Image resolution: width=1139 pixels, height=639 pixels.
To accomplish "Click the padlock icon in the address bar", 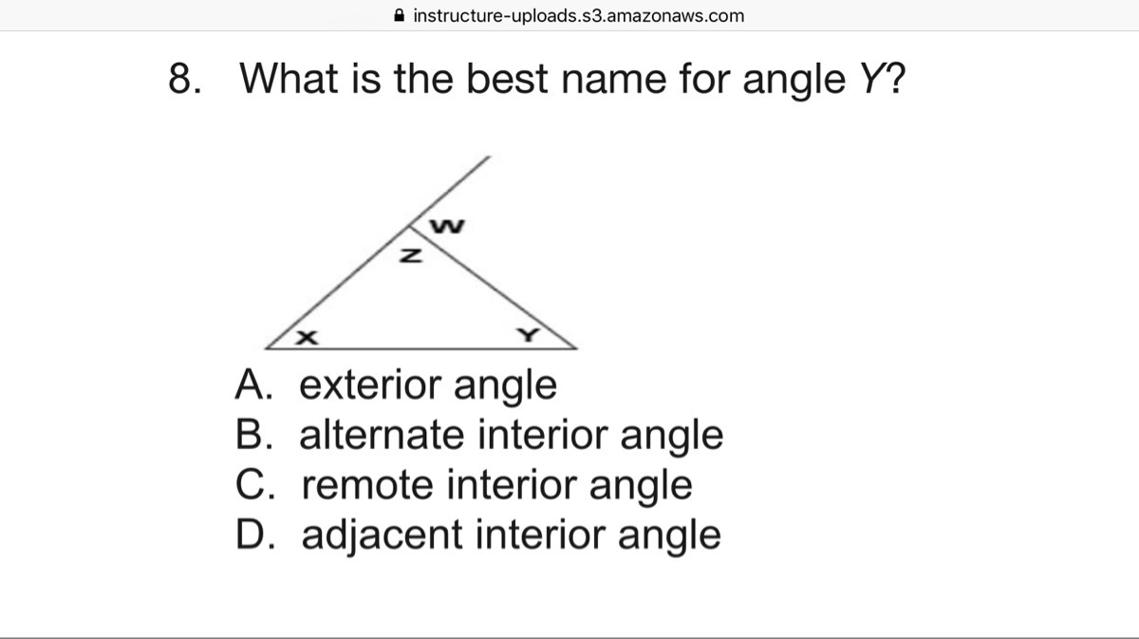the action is [400, 15].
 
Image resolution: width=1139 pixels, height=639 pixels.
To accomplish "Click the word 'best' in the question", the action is [507, 79].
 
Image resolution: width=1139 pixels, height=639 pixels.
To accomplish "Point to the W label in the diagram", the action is [447, 226].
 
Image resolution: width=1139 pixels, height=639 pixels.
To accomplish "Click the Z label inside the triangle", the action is [411, 256].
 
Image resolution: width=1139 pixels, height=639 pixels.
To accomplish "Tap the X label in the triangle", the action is [308, 337].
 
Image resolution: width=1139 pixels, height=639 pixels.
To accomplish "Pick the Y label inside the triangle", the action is [529, 335].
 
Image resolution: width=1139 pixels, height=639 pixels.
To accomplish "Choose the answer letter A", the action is [253, 385].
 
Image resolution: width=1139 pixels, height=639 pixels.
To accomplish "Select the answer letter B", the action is [253, 434].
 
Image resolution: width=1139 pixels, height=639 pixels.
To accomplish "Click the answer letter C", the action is [255, 484].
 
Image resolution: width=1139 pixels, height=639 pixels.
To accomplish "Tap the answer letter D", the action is [255, 534].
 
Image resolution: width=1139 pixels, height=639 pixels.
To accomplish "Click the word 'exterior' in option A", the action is [369, 385].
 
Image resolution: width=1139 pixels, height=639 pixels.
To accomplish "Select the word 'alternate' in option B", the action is [382, 435].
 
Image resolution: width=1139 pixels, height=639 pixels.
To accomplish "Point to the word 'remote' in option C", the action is [367, 484].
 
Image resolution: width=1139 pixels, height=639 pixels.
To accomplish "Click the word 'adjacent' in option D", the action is [382, 536].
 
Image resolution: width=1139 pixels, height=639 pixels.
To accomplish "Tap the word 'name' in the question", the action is [614, 80].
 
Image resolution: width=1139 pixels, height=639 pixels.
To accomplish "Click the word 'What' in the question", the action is [289, 79].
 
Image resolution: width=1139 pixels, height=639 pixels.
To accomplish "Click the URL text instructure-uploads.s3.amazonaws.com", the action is [579, 16].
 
